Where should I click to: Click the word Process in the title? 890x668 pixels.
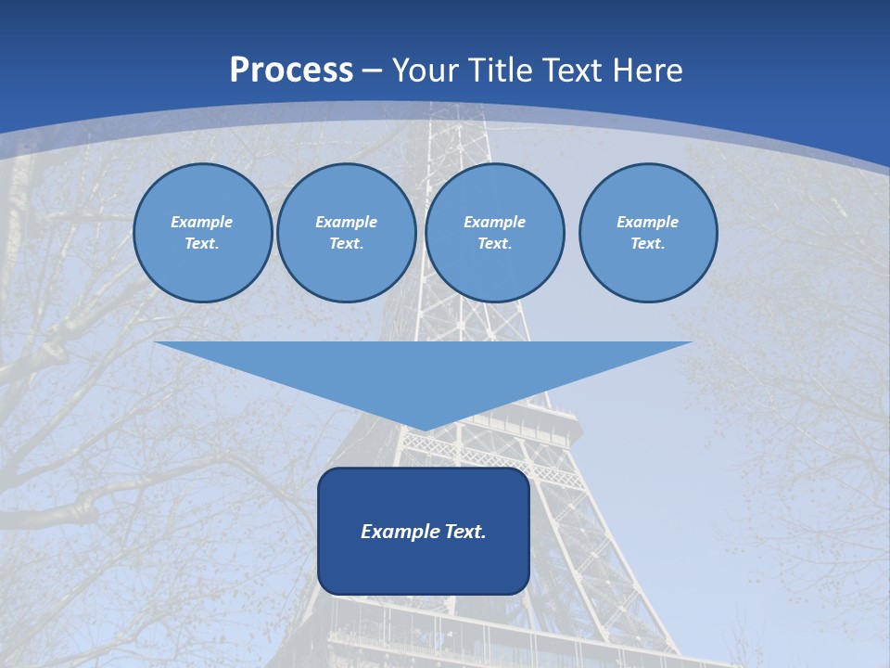291,71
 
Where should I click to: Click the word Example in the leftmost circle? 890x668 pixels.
201,222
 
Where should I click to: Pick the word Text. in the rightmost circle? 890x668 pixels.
647,244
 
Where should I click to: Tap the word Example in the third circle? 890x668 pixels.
494,222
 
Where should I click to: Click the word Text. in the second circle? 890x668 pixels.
346,244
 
